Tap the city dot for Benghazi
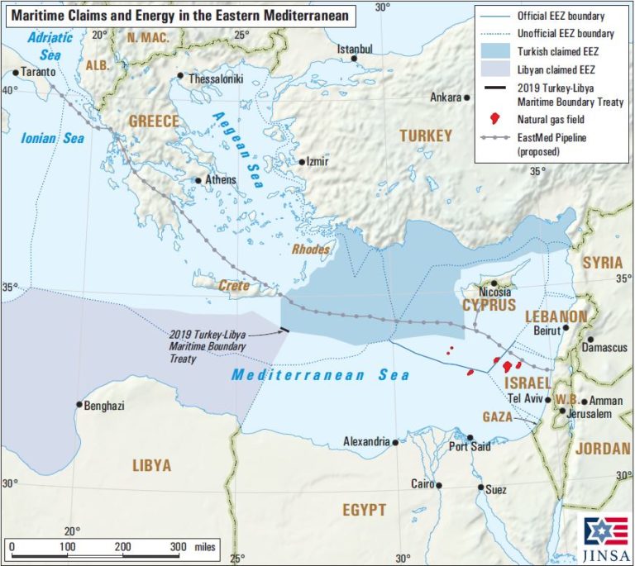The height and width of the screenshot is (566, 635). point(79,404)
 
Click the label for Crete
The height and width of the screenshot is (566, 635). point(234,285)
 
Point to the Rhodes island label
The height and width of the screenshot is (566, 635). point(311,249)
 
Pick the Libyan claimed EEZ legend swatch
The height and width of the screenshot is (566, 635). point(494,69)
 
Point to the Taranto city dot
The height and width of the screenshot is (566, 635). point(15,73)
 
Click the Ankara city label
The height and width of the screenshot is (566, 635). point(445,98)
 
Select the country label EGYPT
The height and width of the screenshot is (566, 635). point(365,510)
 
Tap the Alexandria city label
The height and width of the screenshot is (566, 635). point(366,442)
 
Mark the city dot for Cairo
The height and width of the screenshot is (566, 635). point(439,485)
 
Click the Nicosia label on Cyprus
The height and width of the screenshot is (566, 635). point(495,293)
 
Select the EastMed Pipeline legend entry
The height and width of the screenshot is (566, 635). point(551,145)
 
